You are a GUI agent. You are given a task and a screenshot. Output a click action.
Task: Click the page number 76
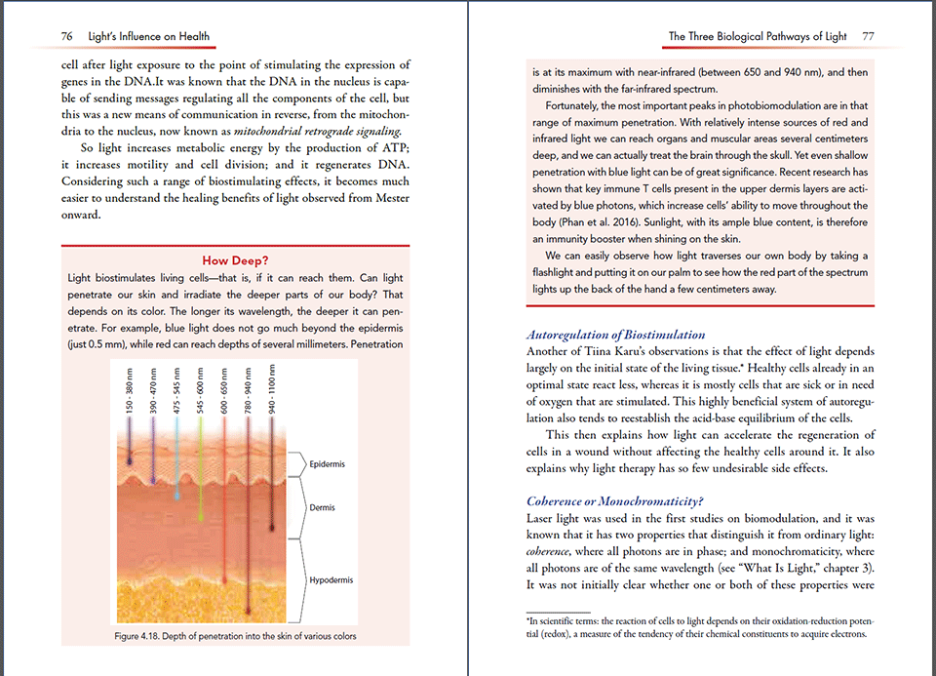tap(67, 37)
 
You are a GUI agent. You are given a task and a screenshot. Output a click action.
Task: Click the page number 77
tap(868, 37)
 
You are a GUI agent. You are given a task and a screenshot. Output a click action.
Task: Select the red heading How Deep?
tap(235, 260)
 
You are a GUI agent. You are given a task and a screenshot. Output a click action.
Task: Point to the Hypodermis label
tap(330, 580)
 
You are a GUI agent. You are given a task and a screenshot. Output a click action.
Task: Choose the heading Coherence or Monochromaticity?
tap(615, 502)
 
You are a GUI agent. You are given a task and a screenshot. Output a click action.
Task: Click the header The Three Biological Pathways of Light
tap(758, 37)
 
